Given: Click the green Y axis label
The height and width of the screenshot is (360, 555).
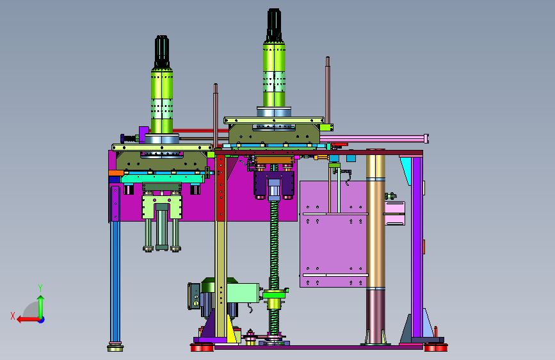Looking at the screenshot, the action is point(40,288).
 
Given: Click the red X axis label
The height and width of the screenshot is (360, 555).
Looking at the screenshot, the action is point(13,316).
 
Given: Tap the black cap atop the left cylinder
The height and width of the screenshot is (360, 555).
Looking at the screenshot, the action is point(162,51).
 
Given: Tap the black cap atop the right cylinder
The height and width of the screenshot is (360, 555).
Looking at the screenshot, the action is point(274,25).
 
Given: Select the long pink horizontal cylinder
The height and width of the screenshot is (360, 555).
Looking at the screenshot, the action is point(374,138).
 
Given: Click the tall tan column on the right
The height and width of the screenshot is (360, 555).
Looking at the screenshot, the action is point(376,220).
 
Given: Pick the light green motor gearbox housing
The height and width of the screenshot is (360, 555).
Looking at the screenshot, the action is point(243,293).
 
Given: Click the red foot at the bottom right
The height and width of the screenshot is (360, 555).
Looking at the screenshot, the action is point(436,347).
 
